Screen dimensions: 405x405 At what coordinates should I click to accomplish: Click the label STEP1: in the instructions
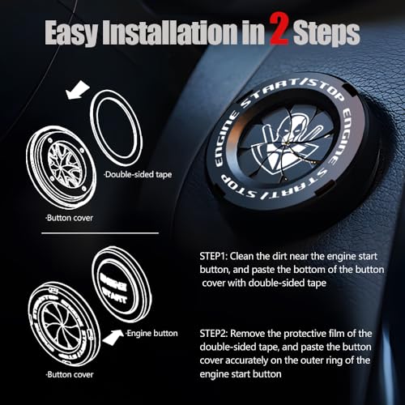(x=215, y=255)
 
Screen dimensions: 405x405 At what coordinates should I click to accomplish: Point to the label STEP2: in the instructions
(x=215, y=332)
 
